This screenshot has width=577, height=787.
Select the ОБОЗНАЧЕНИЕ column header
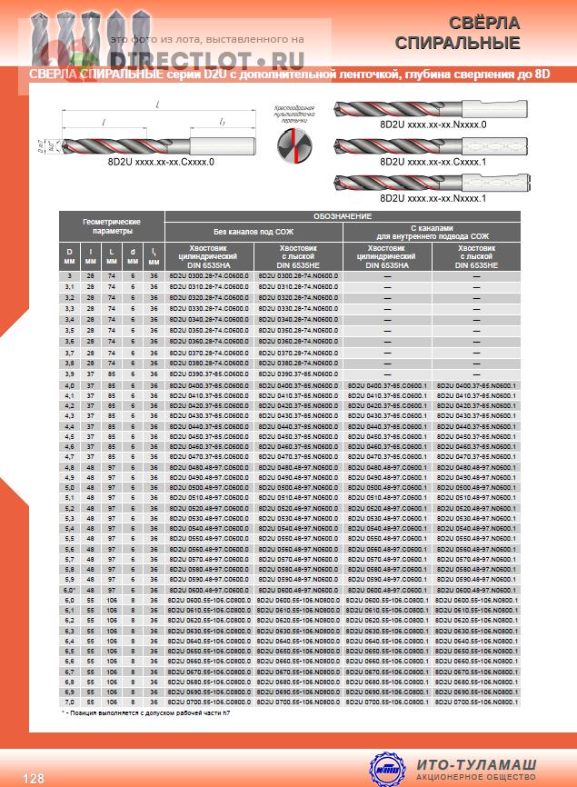343,216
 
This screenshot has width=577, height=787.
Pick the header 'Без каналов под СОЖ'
254,232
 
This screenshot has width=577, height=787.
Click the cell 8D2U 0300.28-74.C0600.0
209,275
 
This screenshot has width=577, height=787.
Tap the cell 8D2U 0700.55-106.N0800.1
477,702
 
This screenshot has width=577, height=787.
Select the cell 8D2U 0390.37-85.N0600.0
298,374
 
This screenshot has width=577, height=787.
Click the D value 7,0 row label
68,702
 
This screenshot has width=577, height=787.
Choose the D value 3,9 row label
68,374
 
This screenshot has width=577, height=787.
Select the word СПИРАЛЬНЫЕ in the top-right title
473,43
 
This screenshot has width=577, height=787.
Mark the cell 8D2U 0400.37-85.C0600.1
388,384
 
